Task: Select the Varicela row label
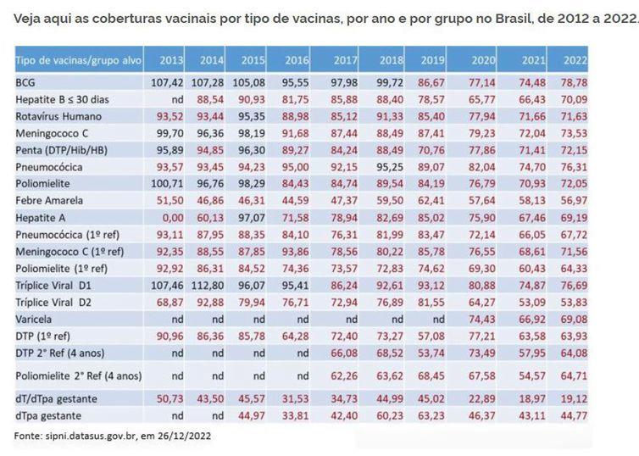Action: point(35,319)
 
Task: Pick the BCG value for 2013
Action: point(168,83)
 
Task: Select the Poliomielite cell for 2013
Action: point(168,183)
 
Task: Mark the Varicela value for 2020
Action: point(482,319)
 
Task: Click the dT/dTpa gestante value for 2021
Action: point(531,398)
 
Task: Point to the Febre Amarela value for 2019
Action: point(432,200)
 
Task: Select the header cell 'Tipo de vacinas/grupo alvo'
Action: point(73,61)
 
